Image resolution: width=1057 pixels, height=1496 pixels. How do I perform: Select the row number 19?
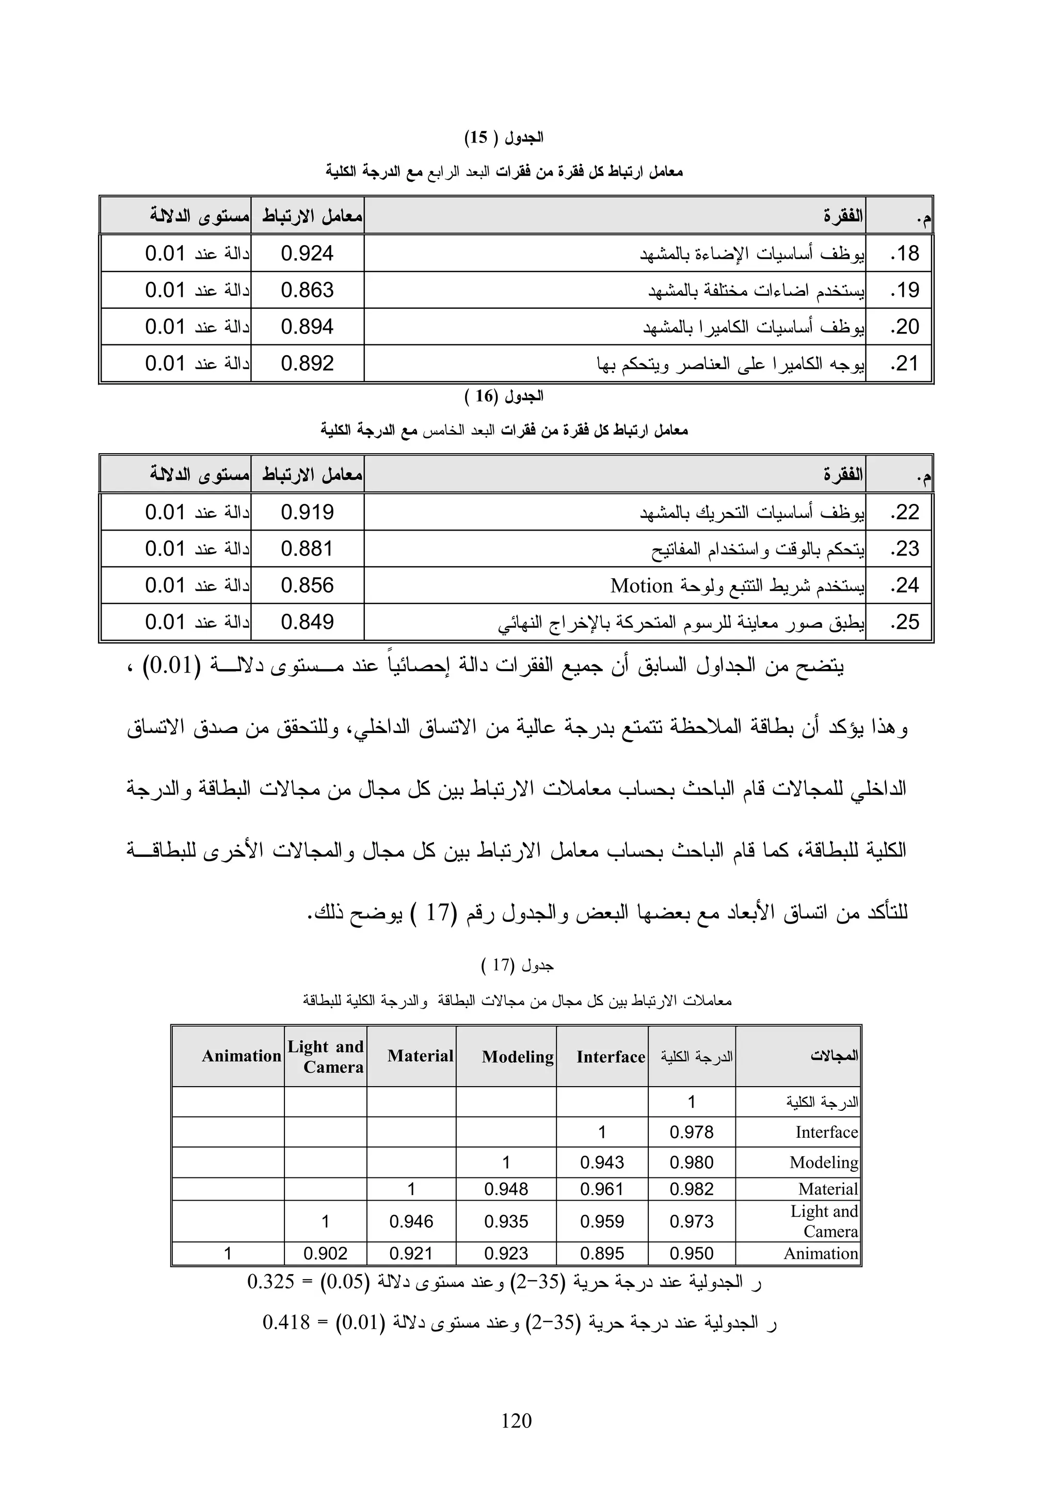905,290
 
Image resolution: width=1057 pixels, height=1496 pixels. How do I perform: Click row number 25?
905,622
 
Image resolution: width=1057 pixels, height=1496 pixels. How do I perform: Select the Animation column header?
241,1056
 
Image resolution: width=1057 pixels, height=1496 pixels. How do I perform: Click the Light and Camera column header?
326,1056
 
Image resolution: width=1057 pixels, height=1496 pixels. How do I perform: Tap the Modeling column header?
518,1057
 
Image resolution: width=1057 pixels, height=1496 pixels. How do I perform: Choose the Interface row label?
826,1133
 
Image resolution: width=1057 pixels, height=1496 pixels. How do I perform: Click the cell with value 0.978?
692,1133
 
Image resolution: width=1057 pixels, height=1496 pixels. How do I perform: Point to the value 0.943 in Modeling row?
602,1163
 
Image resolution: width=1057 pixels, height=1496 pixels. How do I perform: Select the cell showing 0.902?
326,1253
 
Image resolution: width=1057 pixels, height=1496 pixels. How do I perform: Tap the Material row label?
828,1189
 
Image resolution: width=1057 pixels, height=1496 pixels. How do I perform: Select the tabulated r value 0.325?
271,1282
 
